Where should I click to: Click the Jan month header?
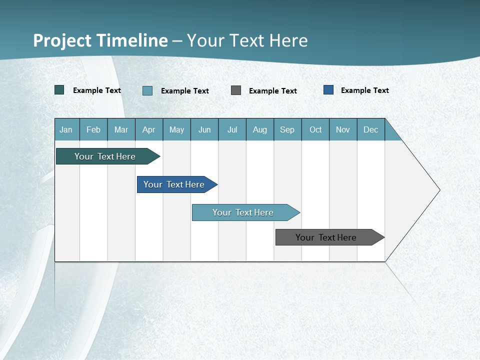66,129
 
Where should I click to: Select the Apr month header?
149,129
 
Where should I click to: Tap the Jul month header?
232,129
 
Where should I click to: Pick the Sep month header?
287,129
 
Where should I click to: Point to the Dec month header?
371,129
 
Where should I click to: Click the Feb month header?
93,129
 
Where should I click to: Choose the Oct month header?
315,129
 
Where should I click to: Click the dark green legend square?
59,90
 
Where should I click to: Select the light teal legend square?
147,90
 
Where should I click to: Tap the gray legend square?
236,90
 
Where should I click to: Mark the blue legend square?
328,90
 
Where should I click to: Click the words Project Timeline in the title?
100,40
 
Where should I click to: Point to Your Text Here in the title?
247,40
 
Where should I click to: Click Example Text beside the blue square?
364,90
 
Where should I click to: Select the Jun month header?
204,129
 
